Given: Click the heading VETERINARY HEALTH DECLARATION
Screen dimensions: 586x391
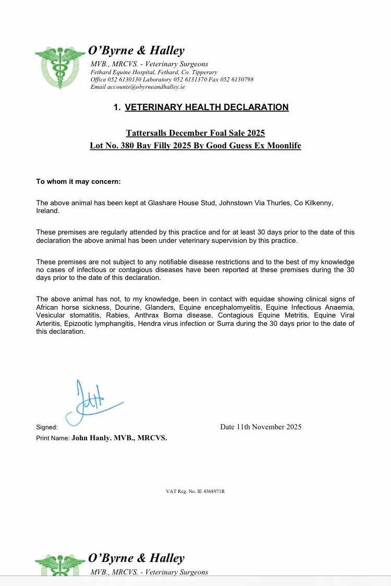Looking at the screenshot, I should (x=206, y=108).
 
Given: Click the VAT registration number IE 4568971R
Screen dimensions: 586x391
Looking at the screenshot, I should (x=211, y=491).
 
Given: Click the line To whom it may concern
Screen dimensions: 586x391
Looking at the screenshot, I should (x=78, y=182).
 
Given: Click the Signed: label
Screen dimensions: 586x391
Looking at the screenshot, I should (x=47, y=427).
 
